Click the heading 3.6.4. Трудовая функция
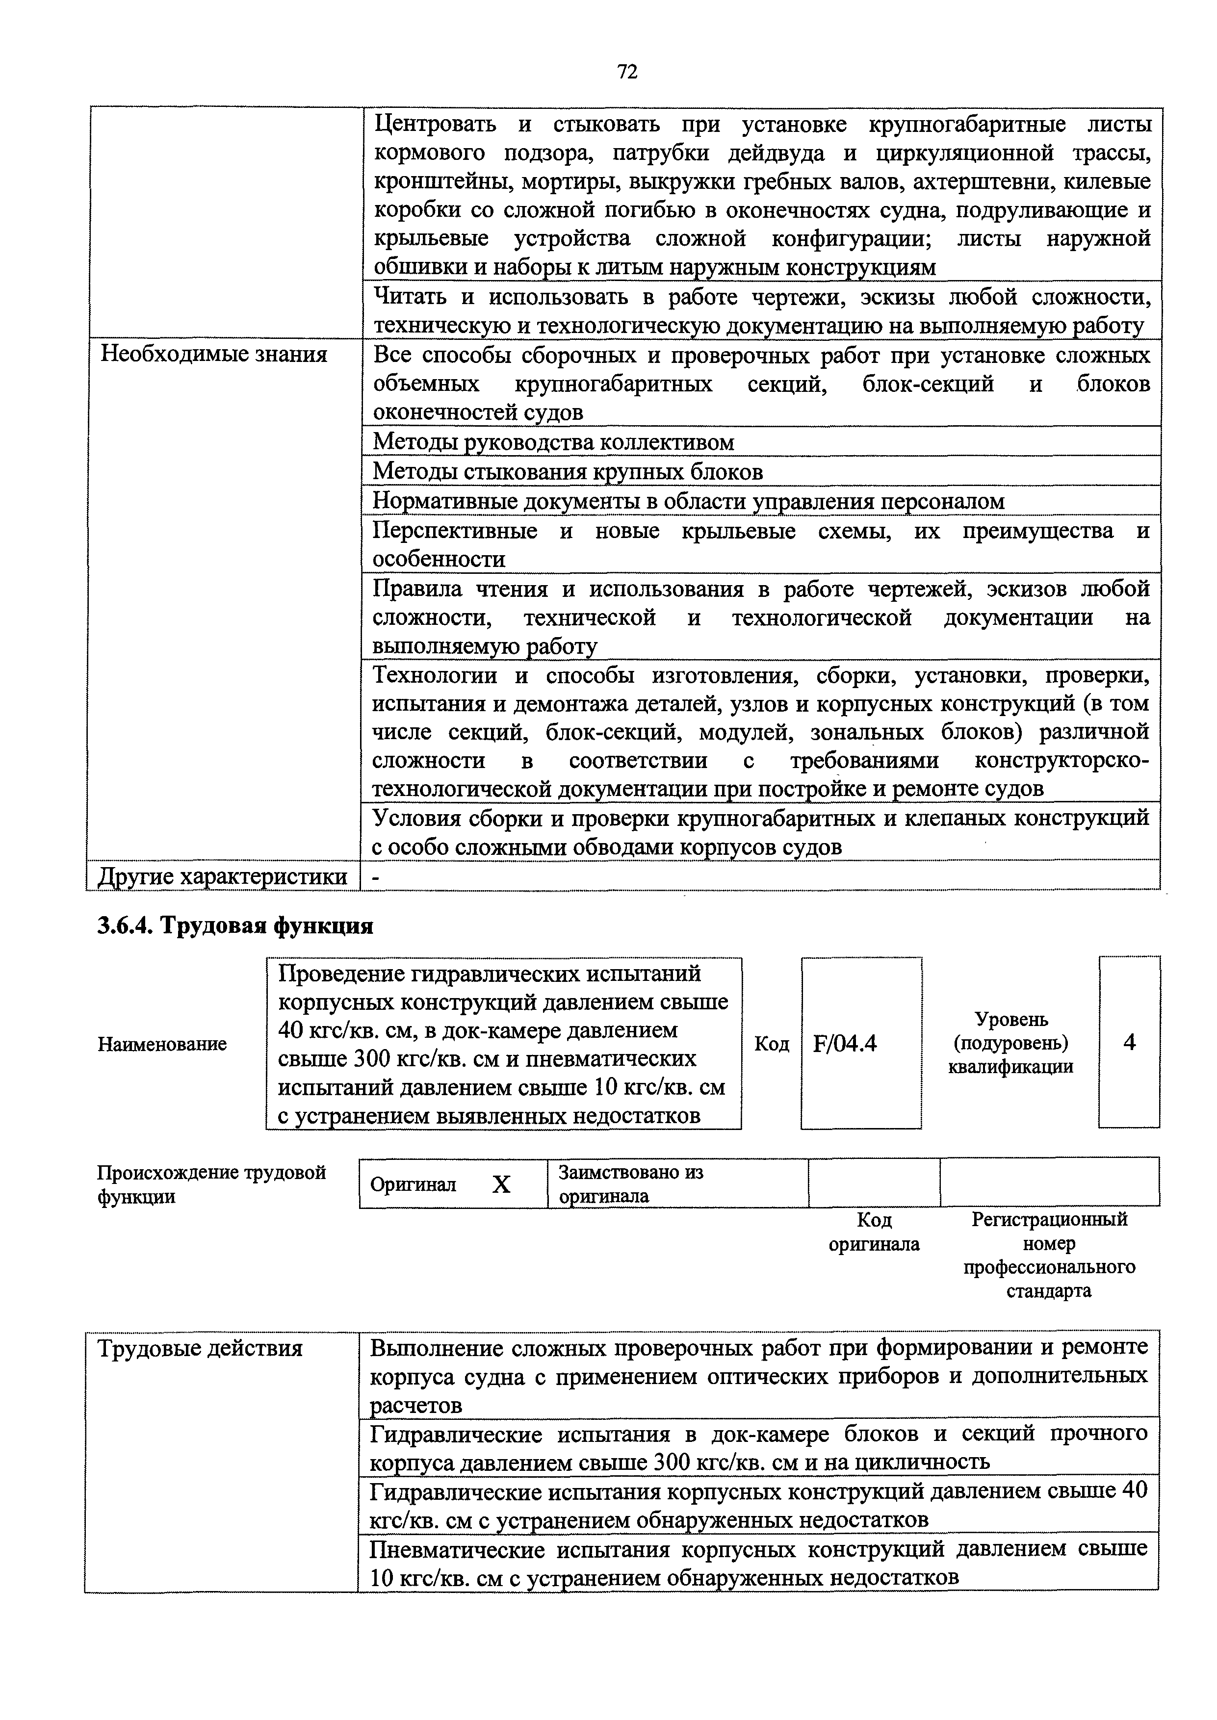click(234, 926)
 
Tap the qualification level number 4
click(1129, 1042)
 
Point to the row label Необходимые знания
click(213, 354)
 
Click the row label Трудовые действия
click(200, 1349)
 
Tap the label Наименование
click(162, 1044)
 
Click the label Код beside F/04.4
click(771, 1044)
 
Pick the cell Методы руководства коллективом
click(553, 442)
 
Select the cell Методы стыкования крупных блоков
click(567, 472)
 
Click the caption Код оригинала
click(874, 1232)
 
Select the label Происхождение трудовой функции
click(212, 1183)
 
